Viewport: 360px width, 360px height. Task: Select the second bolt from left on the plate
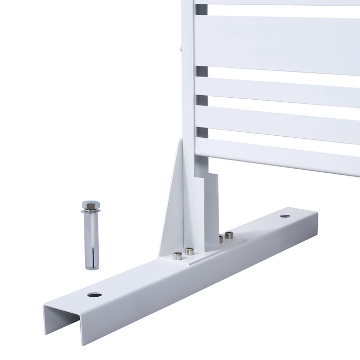pos(190,250)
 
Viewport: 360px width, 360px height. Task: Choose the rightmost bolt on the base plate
pos(229,235)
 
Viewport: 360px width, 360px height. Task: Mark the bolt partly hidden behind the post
pos(220,238)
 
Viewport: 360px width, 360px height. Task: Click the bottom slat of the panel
pos(278,154)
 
